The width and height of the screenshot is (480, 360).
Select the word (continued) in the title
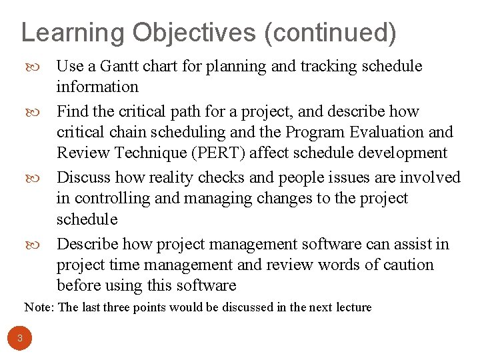point(330,32)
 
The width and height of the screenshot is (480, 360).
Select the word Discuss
point(83,177)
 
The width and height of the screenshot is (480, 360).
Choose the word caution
point(407,265)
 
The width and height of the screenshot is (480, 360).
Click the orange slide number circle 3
point(20,338)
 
